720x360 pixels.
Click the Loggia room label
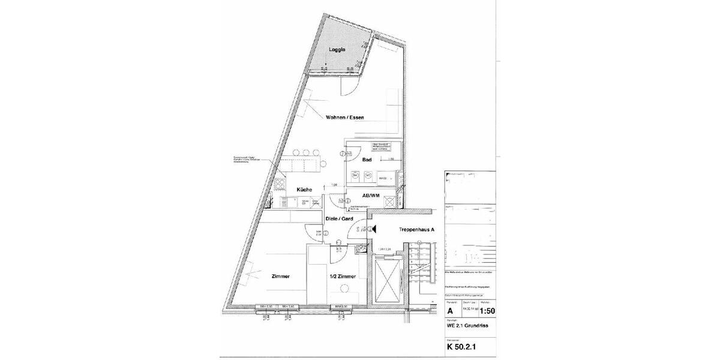tap(337, 50)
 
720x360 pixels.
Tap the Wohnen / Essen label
tap(344, 118)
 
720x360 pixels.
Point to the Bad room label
tap(368, 160)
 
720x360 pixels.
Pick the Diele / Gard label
tap(338, 219)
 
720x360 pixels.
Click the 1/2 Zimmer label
tap(343, 277)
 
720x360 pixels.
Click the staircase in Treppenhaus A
tap(423, 264)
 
